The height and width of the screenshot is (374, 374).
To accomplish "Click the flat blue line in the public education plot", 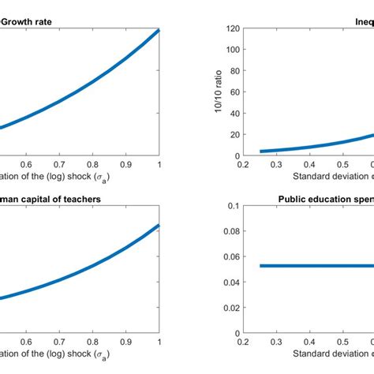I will click(x=316, y=266).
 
